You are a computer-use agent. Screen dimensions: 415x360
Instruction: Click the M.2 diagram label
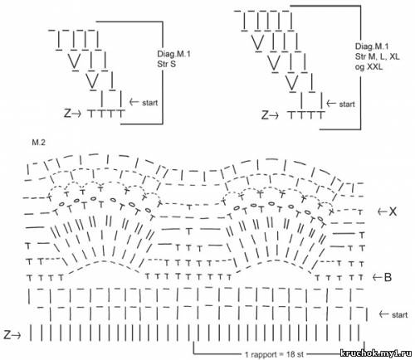[x=39, y=143]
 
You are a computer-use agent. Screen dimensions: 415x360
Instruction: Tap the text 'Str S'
[x=166, y=64]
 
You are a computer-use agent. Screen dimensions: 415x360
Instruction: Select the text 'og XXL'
[x=369, y=66]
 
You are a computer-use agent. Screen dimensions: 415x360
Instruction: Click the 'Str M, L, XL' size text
[x=378, y=56]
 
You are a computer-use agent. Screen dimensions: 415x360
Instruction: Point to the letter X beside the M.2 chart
[x=393, y=212]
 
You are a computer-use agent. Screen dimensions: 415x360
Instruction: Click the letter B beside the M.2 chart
[x=388, y=277]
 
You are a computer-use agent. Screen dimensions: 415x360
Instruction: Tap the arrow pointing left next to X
[x=383, y=212]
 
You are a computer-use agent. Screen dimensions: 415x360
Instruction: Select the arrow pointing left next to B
[x=378, y=277]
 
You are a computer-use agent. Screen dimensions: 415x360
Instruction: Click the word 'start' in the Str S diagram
[x=149, y=103]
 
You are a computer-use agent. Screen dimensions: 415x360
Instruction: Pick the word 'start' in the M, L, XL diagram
[x=347, y=105]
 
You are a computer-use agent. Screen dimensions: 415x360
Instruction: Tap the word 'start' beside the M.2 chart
[x=400, y=315]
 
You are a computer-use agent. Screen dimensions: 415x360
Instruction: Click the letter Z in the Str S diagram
[x=67, y=113]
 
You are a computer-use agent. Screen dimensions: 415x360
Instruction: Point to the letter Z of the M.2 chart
[x=7, y=335]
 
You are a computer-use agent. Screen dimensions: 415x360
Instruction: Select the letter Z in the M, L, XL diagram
[x=265, y=114]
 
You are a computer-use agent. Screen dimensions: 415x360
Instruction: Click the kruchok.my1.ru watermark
[x=376, y=353]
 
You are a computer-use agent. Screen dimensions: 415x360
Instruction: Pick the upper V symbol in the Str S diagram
[x=74, y=61]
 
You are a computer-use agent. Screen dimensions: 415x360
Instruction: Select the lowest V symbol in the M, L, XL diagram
[x=291, y=83]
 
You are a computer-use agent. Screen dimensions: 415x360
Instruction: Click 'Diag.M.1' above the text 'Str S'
[x=173, y=54]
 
